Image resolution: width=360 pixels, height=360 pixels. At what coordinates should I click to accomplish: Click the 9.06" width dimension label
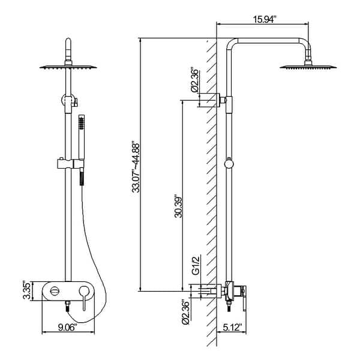66,327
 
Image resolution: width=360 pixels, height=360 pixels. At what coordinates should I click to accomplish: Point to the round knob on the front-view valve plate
55,291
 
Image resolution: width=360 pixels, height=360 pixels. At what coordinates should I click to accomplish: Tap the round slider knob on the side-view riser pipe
228,162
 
